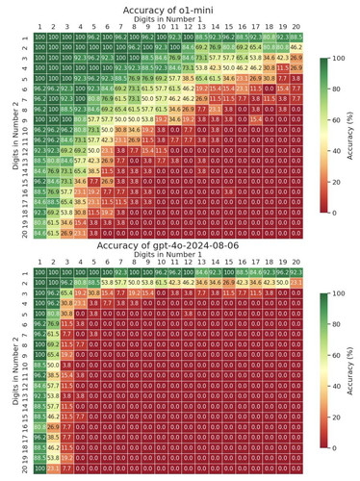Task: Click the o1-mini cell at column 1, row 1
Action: pyautogui.click(x=39, y=38)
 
